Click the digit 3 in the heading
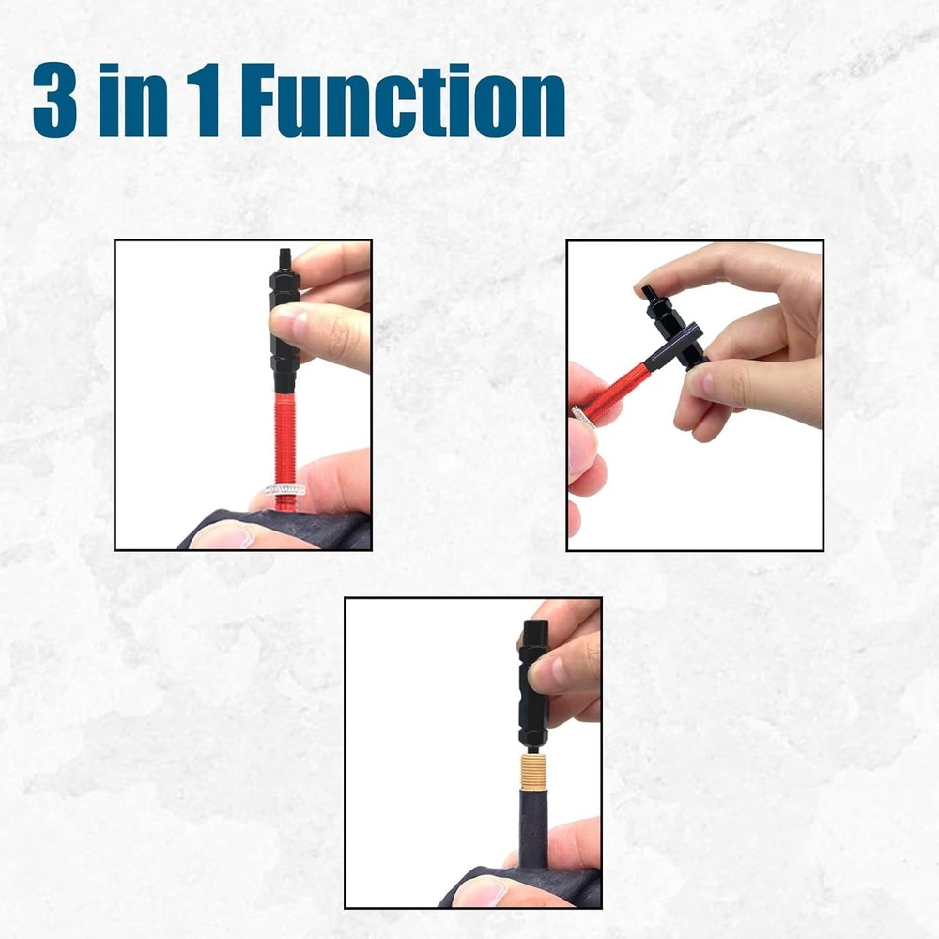54,102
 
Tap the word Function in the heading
403,102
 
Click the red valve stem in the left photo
285,441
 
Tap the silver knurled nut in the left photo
285,490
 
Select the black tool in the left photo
284,329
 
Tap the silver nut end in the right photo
578,413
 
